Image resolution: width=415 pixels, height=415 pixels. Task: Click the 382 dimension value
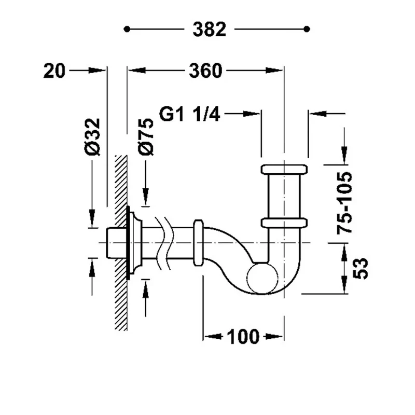click(x=209, y=29)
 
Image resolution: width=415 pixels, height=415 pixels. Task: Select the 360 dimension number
click(x=205, y=71)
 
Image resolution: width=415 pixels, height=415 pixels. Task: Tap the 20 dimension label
click(x=54, y=71)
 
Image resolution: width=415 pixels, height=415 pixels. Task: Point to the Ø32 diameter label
click(x=93, y=136)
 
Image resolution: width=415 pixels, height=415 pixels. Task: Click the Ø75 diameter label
click(x=146, y=136)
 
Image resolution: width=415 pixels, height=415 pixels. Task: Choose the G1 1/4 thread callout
click(x=189, y=114)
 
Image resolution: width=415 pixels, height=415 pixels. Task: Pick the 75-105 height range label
click(x=344, y=203)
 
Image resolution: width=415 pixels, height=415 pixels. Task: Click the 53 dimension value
click(x=361, y=268)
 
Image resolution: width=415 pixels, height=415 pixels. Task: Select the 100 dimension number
click(x=243, y=337)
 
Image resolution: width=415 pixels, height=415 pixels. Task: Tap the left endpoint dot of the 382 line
click(x=127, y=29)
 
